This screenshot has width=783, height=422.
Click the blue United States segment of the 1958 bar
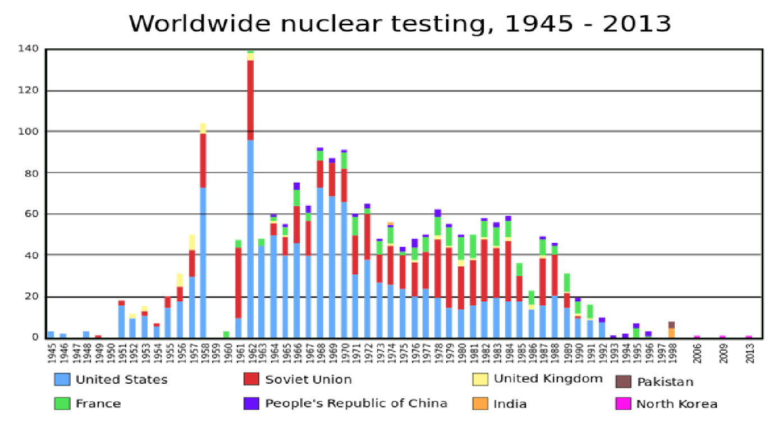pos(203,262)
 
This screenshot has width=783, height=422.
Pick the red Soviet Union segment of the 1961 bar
pos(239,283)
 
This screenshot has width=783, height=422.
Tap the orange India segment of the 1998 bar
pos(671,333)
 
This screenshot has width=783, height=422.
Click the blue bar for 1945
pos(51,334)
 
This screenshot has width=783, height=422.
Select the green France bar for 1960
pos(226,334)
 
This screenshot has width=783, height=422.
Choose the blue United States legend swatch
pos(62,380)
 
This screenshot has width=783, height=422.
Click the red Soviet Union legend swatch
pos(251,380)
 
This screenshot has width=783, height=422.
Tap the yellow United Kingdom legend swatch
pos(480,379)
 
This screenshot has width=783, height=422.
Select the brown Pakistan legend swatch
pos(623,382)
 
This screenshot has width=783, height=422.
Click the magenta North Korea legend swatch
pos(623,403)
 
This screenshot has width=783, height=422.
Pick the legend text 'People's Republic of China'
pos(356,403)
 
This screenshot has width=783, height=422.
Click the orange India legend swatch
pos(480,403)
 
